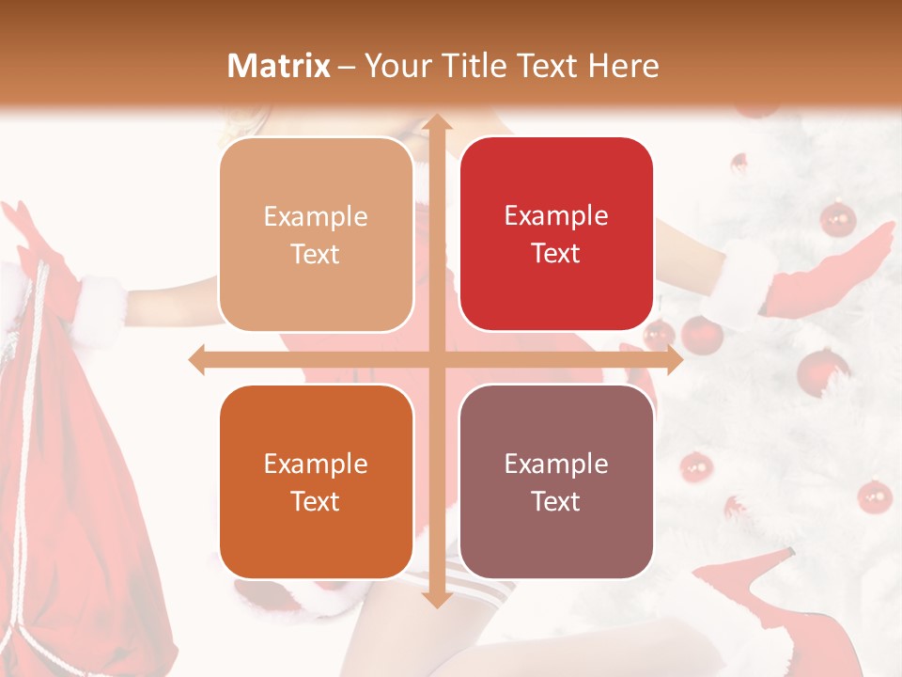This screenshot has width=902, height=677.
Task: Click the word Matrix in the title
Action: coord(279,66)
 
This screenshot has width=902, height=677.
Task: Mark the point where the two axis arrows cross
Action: coord(436,359)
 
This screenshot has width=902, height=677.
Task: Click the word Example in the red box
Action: coord(556,216)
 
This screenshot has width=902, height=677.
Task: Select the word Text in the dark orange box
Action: coord(316,501)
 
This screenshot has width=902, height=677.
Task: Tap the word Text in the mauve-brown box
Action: coord(556,501)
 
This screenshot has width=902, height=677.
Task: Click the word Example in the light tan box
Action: coord(316,217)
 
